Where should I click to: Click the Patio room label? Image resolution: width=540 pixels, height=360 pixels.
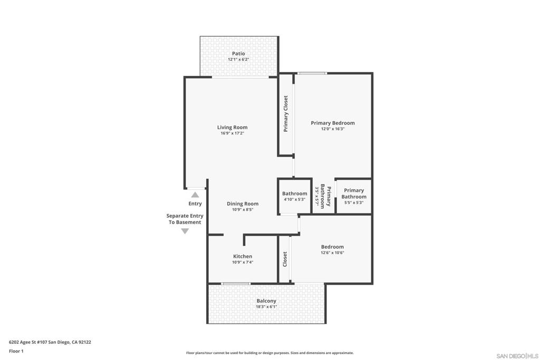pyautogui.click(x=238, y=53)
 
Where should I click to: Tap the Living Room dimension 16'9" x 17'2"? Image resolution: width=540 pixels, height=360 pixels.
pyautogui.click(x=233, y=133)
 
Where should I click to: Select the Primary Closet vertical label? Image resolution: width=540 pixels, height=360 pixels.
pyautogui.click(x=285, y=113)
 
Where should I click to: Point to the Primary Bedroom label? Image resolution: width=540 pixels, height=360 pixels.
pyautogui.click(x=333, y=123)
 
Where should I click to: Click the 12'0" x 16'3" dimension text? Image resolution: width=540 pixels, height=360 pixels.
pyautogui.click(x=333, y=129)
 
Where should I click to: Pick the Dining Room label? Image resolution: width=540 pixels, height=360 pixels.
pyautogui.click(x=243, y=203)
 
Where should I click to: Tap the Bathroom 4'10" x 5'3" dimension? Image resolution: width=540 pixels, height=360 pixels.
pyautogui.click(x=294, y=199)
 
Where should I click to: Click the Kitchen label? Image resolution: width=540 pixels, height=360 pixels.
pyautogui.click(x=243, y=256)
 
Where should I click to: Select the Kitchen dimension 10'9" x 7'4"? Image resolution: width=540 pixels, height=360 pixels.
pyautogui.click(x=243, y=262)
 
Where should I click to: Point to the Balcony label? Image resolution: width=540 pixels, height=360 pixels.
pyautogui.click(x=266, y=301)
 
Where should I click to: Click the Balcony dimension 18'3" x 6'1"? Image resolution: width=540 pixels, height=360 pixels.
pyautogui.click(x=266, y=307)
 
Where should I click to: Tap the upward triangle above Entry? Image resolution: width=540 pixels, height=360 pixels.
pyautogui.click(x=195, y=195)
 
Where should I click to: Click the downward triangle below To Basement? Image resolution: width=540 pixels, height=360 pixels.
pyautogui.click(x=185, y=231)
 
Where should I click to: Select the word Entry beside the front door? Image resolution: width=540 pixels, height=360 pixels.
pyautogui.click(x=195, y=203)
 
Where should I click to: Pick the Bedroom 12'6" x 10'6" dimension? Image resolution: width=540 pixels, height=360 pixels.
pyautogui.click(x=332, y=252)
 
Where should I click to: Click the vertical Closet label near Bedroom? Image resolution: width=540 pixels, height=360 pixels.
pyautogui.click(x=285, y=259)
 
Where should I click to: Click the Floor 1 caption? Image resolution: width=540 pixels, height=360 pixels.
pyautogui.click(x=16, y=351)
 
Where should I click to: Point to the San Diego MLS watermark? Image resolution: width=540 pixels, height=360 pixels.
pyautogui.click(x=517, y=356)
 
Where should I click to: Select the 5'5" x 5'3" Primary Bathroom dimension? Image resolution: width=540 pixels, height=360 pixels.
pyautogui.click(x=354, y=203)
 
